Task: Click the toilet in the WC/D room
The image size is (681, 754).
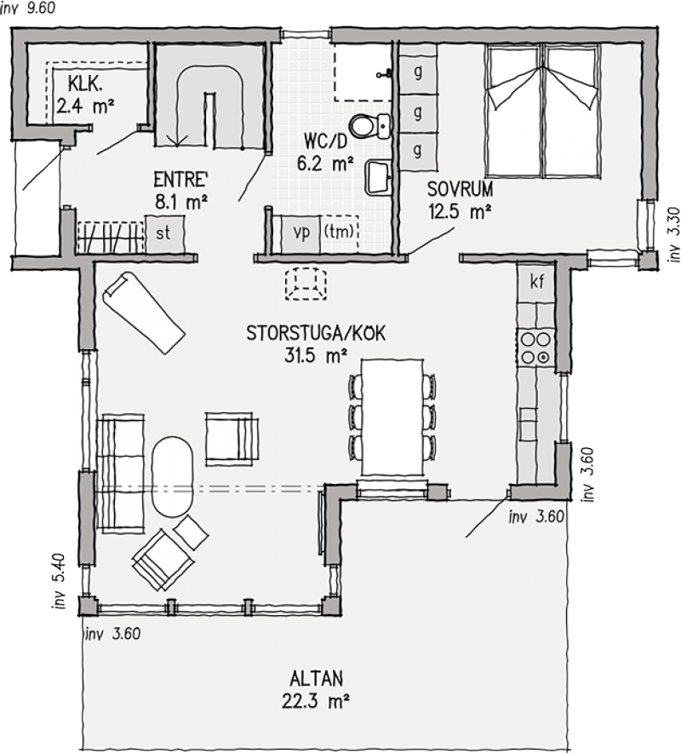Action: tap(370, 126)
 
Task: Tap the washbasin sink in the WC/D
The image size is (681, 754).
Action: tap(379, 178)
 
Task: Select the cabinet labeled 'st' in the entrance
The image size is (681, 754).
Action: tap(164, 234)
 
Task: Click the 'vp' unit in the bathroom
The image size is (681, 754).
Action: tap(300, 233)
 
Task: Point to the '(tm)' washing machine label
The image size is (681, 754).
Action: tap(340, 231)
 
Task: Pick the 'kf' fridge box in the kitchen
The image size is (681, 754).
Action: tap(535, 281)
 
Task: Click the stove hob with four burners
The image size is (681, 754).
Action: tap(535, 348)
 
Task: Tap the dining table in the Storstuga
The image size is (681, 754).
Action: tap(392, 417)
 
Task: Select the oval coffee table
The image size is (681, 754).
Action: tap(173, 475)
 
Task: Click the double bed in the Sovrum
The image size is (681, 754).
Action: tap(544, 111)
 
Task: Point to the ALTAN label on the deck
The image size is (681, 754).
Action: tap(316, 678)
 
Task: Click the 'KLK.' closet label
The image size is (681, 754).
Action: tap(85, 84)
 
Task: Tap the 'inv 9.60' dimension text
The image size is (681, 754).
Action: tap(28, 8)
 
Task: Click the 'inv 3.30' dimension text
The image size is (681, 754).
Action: tap(675, 234)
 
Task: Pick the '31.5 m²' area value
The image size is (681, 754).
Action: tap(316, 356)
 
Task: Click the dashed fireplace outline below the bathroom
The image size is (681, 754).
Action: tap(306, 285)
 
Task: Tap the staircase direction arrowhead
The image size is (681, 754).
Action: tap(177, 141)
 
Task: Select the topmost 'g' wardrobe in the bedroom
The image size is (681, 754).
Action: tap(418, 72)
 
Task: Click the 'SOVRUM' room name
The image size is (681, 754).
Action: tap(460, 189)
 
